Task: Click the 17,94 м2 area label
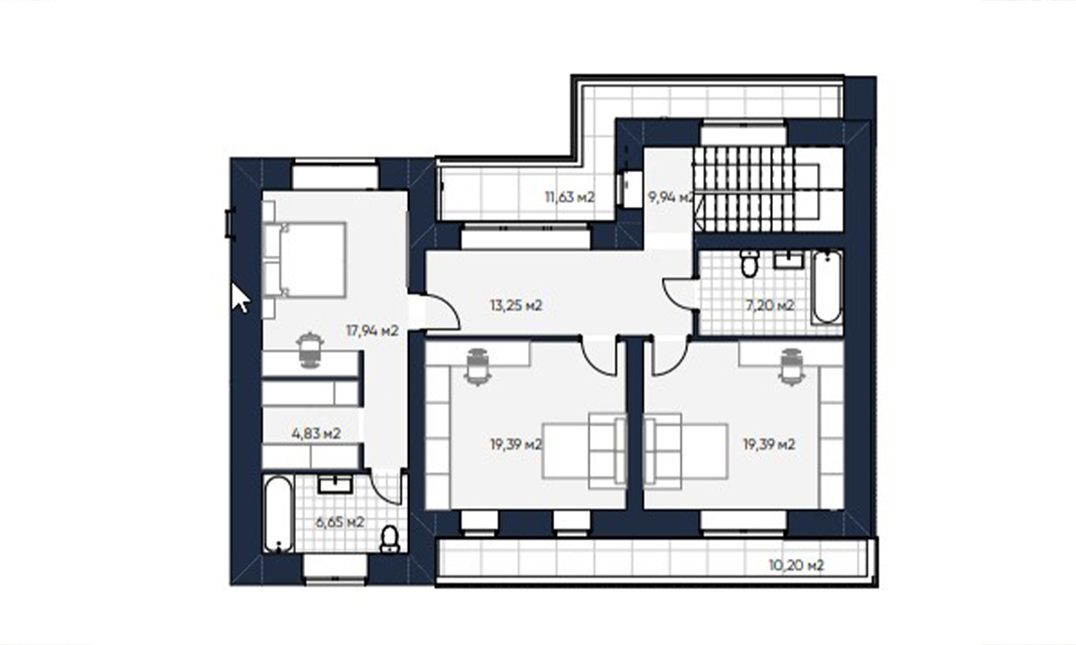[x=372, y=331]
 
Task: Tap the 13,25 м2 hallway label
[x=516, y=305]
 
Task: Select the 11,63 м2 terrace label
[x=569, y=197]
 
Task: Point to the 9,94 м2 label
[x=671, y=197]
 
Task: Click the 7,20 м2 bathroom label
[x=769, y=305]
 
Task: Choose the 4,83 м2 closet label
[x=316, y=434]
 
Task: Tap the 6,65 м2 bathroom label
[x=340, y=522]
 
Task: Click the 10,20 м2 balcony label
[x=796, y=565]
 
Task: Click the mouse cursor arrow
[x=239, y=297]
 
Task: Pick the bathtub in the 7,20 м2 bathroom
[x=827, y=287]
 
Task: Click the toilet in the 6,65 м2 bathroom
[x=389, y=539]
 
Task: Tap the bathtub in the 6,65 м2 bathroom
[x=278, y=513]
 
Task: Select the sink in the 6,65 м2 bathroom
[x=335, y=485]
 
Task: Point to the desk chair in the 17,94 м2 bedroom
[x=310, y=350]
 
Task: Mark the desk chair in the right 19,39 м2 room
[x=790, y=367]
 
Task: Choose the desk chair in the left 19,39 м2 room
[x=477, y=367]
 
